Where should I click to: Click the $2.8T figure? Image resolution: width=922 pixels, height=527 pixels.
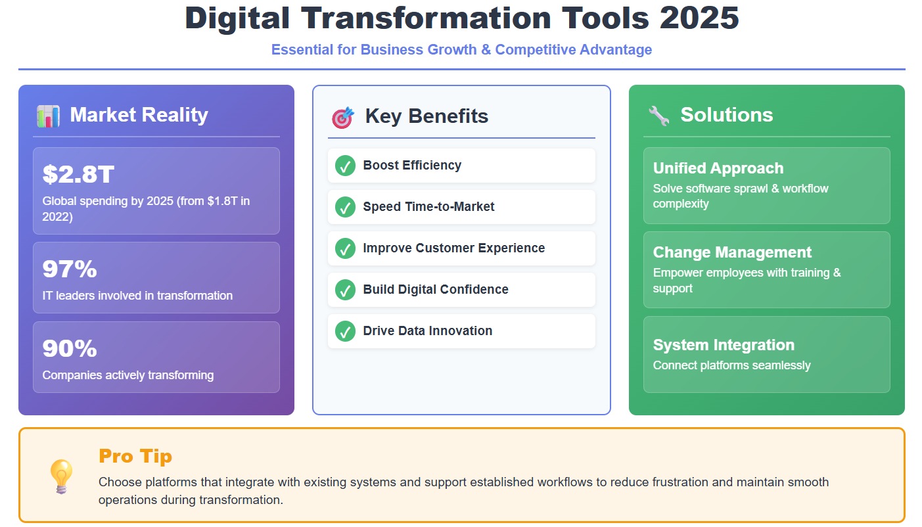[78, 174]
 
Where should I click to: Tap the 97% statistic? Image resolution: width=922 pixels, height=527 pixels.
[70, 269]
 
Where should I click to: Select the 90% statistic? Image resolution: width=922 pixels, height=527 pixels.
[70, 348]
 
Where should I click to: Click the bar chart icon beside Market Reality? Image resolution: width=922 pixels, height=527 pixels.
[49, 116]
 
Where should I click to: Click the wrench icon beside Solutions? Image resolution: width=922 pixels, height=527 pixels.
[658, 116]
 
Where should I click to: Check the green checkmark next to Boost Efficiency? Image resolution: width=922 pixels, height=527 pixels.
[345, 166]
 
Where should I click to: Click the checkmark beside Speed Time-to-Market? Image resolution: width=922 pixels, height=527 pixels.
[345, 207]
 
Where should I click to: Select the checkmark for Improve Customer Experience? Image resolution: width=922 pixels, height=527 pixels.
[345, 248]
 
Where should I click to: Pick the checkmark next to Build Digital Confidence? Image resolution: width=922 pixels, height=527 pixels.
[345, 290]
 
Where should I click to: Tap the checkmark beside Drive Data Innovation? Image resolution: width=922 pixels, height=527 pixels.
[345, 331]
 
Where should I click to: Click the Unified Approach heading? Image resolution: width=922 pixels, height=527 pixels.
[718, 168]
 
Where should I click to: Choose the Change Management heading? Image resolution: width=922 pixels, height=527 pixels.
[732, 252]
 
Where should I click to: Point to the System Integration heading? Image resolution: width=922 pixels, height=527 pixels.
[724, 345]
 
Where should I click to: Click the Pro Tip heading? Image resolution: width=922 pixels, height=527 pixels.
[135, 456]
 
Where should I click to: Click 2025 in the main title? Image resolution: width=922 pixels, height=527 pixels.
[699, 18]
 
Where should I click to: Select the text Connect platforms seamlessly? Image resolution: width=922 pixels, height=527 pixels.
[731, 365]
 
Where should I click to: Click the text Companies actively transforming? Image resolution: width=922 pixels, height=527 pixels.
[128, 375]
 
